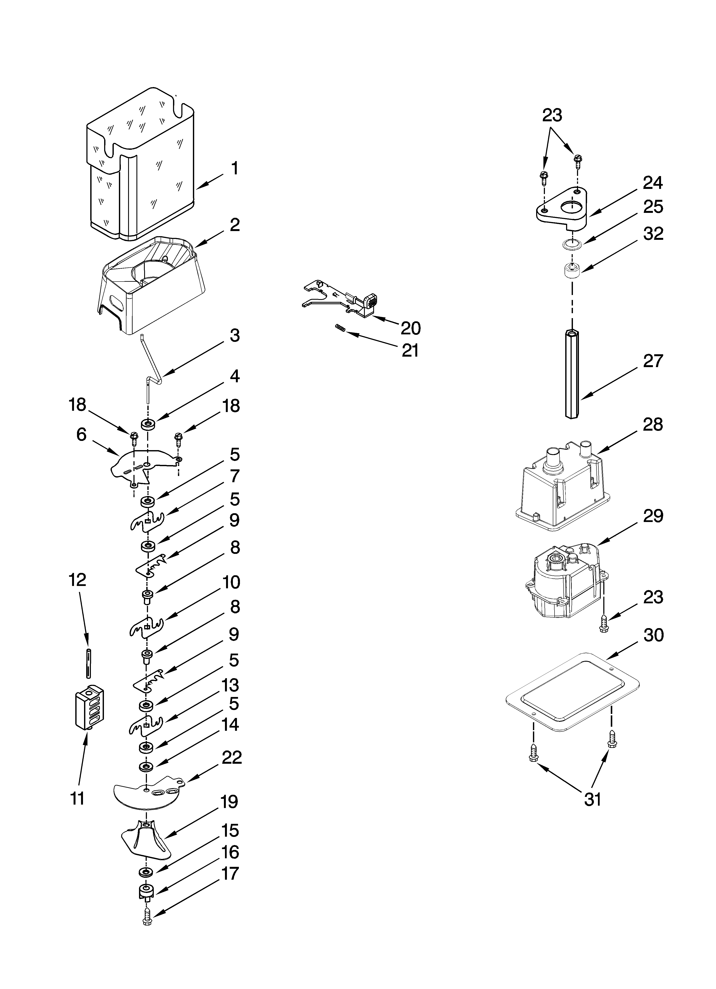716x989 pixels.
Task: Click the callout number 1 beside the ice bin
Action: pyautogui.click(x=235, y=168)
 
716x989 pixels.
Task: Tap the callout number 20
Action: pyautogui.click(x=410, y=328)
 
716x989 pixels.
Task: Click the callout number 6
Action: pyautogui.click(x=81, y=435)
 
